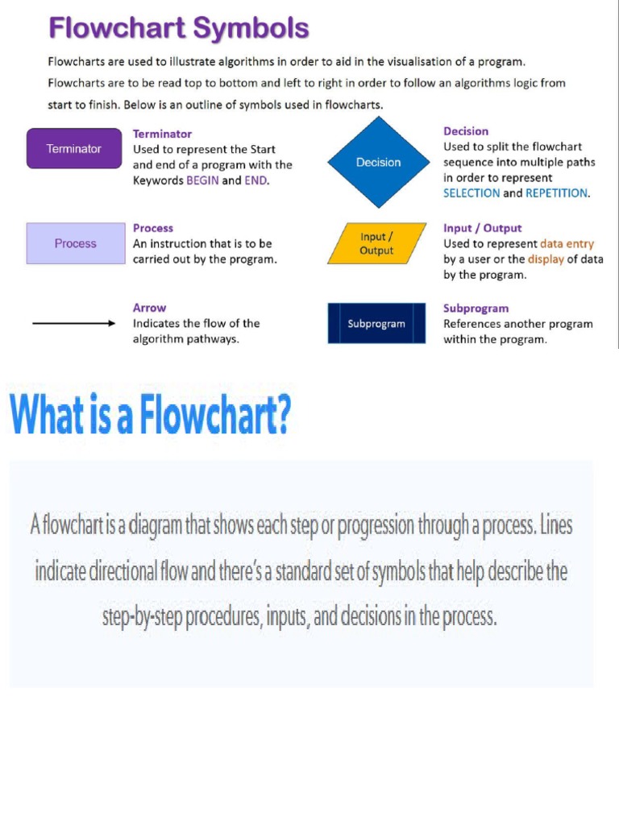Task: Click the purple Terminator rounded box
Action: [75, 149]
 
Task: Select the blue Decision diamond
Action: [378, 163]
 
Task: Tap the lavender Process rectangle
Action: [76, 243]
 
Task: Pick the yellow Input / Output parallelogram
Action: [376, 243]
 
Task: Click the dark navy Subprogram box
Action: [376, 324]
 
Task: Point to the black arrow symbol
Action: [74, 323]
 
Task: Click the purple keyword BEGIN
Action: [202, 180]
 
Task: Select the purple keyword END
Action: [255, 180]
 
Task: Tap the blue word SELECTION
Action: [472, 193]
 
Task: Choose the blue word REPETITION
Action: [556, 193]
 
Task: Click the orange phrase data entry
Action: [567, 243]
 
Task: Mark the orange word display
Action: [546, 259]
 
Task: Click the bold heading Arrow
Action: [149, 308]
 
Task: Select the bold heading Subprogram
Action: [476, 308]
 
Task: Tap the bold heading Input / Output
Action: [482, 228]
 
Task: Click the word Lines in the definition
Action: [556, 525]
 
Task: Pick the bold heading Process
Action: [153, 228]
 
